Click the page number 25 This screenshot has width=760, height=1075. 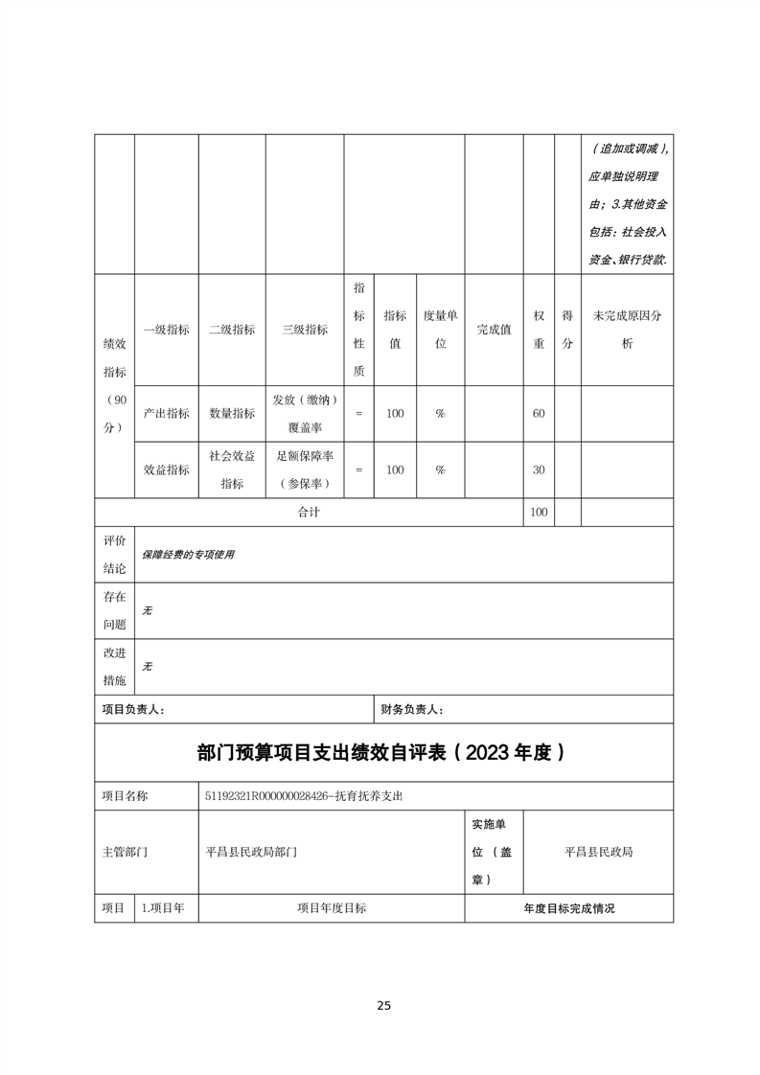(x=383, y=1005)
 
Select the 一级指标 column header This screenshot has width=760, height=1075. (x=166, y=330)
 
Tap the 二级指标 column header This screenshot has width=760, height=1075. (x=232, y=330)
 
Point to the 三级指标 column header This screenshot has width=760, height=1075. (x=305, y=330)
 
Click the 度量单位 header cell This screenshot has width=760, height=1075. (x=440, y=330)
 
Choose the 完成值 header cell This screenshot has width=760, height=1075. (x=494, y=330)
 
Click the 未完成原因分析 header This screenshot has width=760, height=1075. (x=627, y=330)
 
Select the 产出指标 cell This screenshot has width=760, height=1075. (x=166, y=413)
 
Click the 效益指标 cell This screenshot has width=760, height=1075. (x=166, y=470)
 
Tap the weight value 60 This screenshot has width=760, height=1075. (x=539, y=413)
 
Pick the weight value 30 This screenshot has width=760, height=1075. (x=539, y=470)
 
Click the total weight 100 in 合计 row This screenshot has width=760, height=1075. (x=539, y=513)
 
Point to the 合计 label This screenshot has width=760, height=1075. (x=309, y=513)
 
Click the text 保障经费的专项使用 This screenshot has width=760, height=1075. (x=188, y=555)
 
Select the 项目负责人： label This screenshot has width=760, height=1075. (x=133, y=710)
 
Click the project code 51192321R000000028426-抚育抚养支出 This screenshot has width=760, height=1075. (x=311, y=796)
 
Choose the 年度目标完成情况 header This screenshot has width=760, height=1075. (x=568, y=908)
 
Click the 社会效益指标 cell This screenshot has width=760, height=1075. (x=232, y=470)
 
